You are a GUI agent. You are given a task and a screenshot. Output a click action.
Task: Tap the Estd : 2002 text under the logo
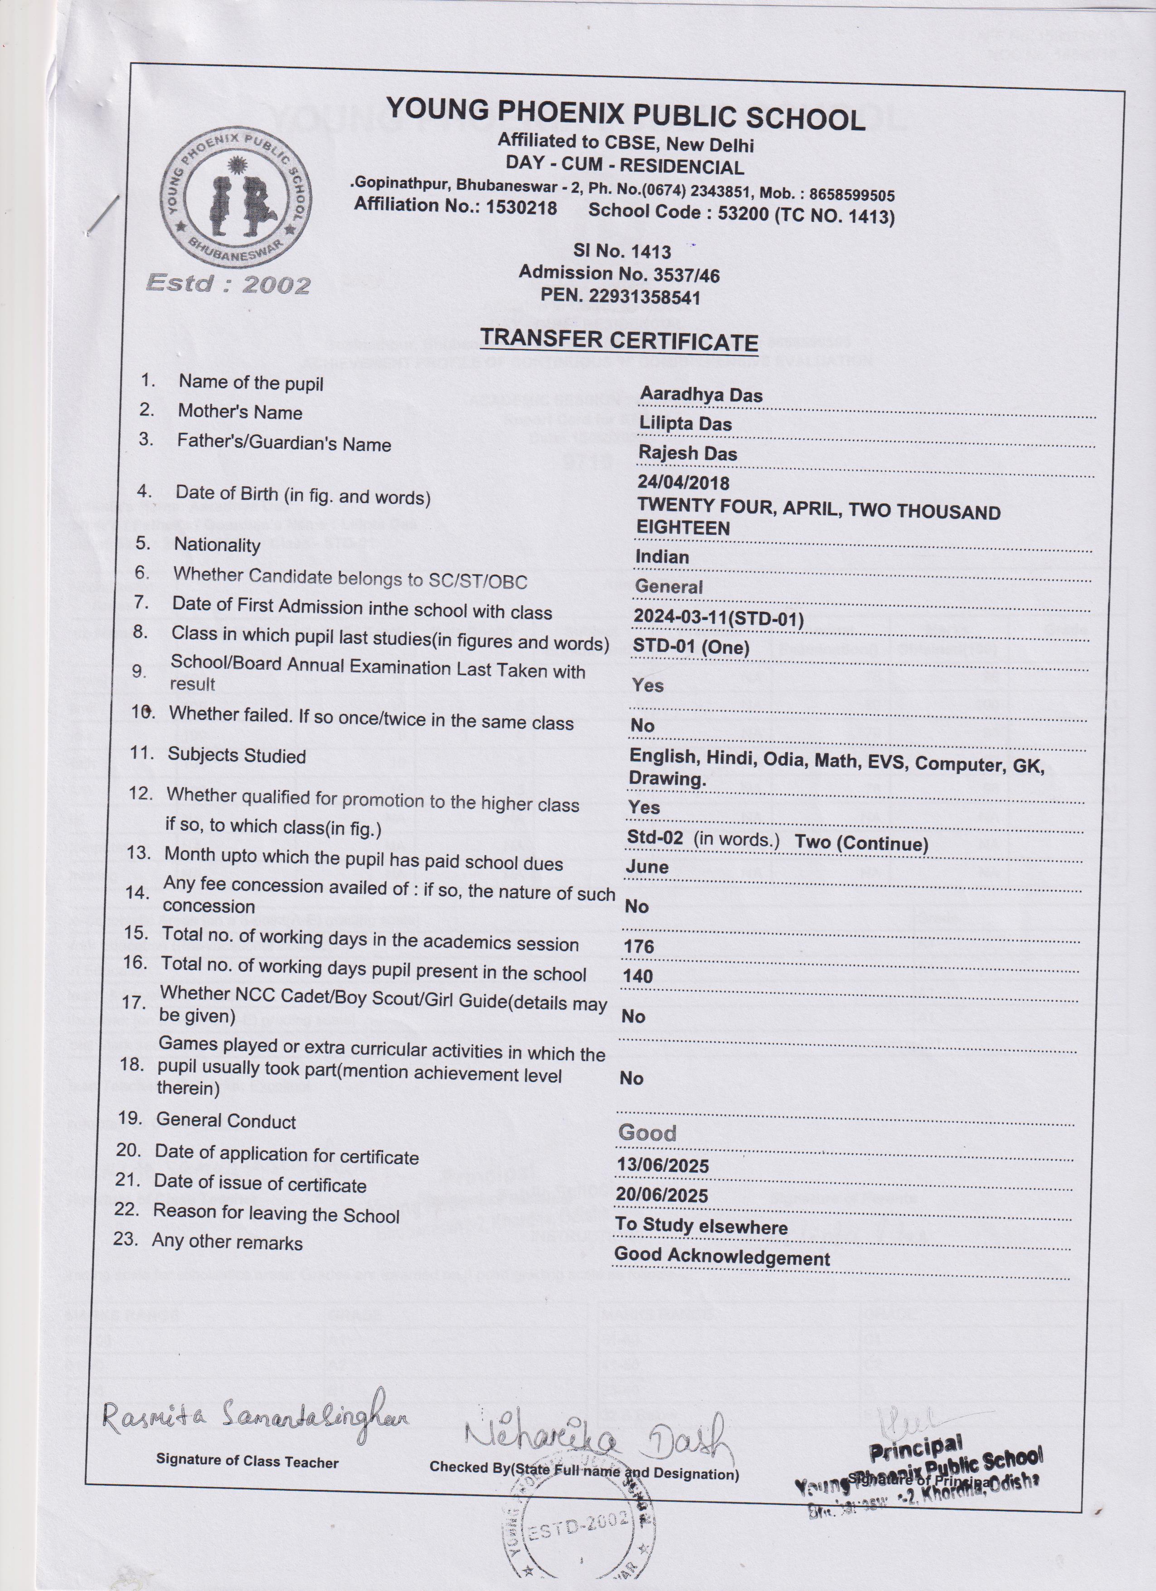point(228,284)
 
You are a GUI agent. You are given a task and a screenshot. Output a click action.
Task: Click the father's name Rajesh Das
point(687,453)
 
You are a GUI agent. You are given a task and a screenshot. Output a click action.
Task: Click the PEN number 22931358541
point(621,297)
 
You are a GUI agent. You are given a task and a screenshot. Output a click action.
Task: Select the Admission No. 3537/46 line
point(619,274)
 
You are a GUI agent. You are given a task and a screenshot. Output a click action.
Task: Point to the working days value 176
point(638,946)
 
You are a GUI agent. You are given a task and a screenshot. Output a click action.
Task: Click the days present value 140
point(637,976)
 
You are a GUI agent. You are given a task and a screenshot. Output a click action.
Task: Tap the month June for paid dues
point(646,867)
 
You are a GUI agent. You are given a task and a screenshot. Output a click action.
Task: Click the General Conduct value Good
point(646,1133)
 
